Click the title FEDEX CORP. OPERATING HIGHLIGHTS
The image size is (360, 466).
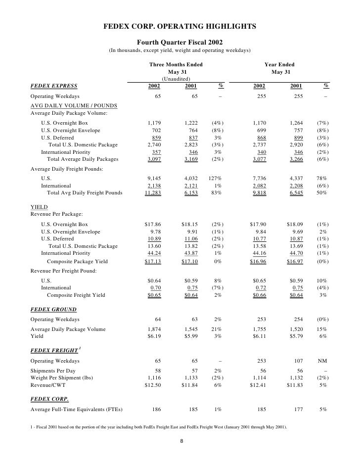(x=180, y=26)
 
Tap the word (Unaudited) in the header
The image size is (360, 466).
(x=176, y=79)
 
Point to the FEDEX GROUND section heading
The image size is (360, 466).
(x=53, y=310)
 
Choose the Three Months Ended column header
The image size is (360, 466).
(x=176, y=65)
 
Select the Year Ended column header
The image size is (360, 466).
(x=279, y=65)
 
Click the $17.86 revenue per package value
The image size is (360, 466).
(x=153, y=224)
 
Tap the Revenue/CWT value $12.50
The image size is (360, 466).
(x=153, y=386)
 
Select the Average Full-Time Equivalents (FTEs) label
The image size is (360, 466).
(x=77, y=410)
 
